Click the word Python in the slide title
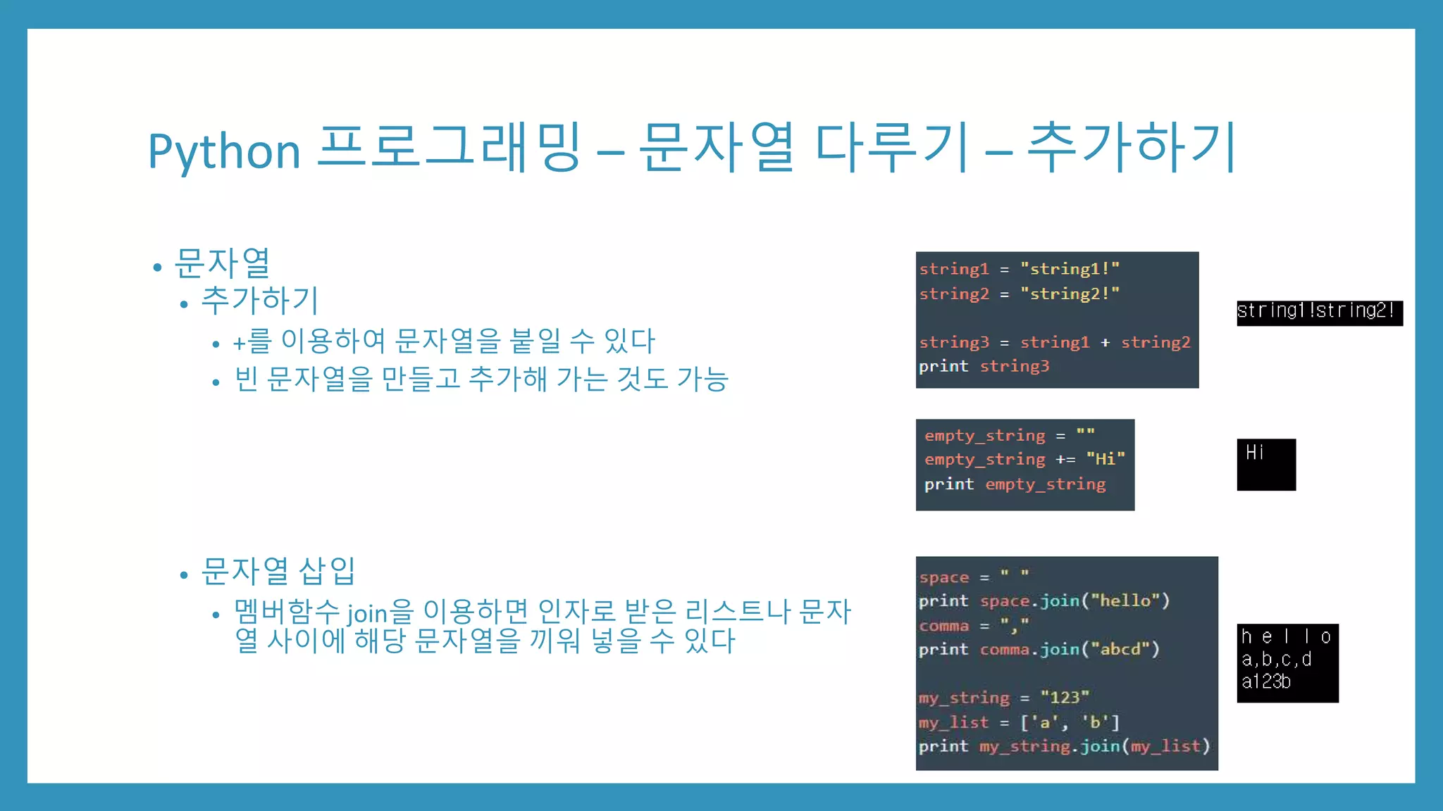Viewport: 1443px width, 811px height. point(224,151)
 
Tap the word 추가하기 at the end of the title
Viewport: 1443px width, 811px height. point(1131,148)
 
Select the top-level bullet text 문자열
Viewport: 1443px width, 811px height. point(222,263)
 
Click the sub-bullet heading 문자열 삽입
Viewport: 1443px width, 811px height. point(278,571)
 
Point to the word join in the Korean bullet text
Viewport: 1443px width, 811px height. point(367,613)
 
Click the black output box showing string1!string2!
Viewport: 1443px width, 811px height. point(1319,312)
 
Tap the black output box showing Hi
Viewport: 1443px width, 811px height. point(1266,464)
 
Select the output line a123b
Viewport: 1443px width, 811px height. point(1266,681)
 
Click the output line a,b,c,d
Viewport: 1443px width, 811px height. point(1276,659)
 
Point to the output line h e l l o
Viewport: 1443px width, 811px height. point(1285,636)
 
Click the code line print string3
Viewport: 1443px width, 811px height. point(984,366)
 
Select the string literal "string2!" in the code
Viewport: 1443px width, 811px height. point(1070,294)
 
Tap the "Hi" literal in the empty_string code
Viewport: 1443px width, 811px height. point(1105,459)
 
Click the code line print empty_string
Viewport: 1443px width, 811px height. point(1015,484)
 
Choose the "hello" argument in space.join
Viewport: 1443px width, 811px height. point(1125,601)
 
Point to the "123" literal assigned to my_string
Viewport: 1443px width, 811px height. point(1064,697)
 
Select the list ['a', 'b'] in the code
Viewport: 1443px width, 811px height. point(1070,722)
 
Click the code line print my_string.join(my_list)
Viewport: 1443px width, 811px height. point(1064,746)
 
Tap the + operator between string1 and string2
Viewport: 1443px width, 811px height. point(1105,342)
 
